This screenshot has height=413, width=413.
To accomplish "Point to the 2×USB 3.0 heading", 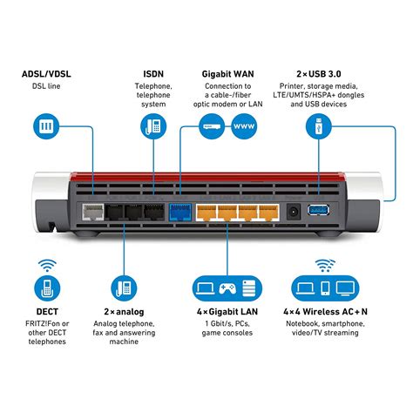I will click(x=315, y=72).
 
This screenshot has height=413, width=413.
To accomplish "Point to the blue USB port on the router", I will click(x=318, y=212).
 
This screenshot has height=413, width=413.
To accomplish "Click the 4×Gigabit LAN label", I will click(x=227, y=310).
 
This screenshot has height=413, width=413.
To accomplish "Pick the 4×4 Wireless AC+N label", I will click(x=325, y=310).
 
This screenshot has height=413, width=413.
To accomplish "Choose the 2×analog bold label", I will click(x=125, y=310).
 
